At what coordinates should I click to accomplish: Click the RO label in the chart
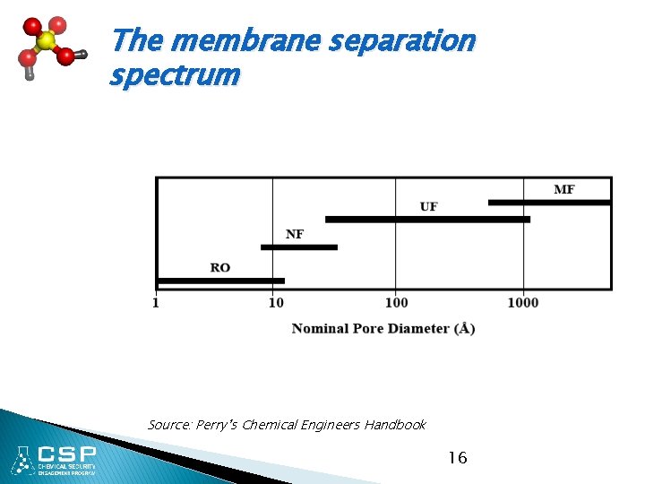coord(220,267)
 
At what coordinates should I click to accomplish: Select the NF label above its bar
coord(295,234)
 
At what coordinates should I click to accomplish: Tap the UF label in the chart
coord(429,207)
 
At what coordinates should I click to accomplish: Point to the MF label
coord(564,189)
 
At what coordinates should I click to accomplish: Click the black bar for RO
coord(220,281)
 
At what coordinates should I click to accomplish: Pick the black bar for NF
coord(299,246)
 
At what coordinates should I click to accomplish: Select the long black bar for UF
coord(427,219)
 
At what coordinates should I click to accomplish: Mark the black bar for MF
coord(549,203)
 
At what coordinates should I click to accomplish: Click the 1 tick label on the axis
coord(157,303)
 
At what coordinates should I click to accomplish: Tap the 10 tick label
coord(276,303)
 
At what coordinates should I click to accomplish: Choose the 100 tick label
coord(396,303)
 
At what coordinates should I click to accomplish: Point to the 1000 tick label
coord(523,303)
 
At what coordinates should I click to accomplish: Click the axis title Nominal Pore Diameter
coord(383,329)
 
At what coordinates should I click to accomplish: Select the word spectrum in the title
coord(175,74)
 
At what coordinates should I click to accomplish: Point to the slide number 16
coord(457,458)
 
